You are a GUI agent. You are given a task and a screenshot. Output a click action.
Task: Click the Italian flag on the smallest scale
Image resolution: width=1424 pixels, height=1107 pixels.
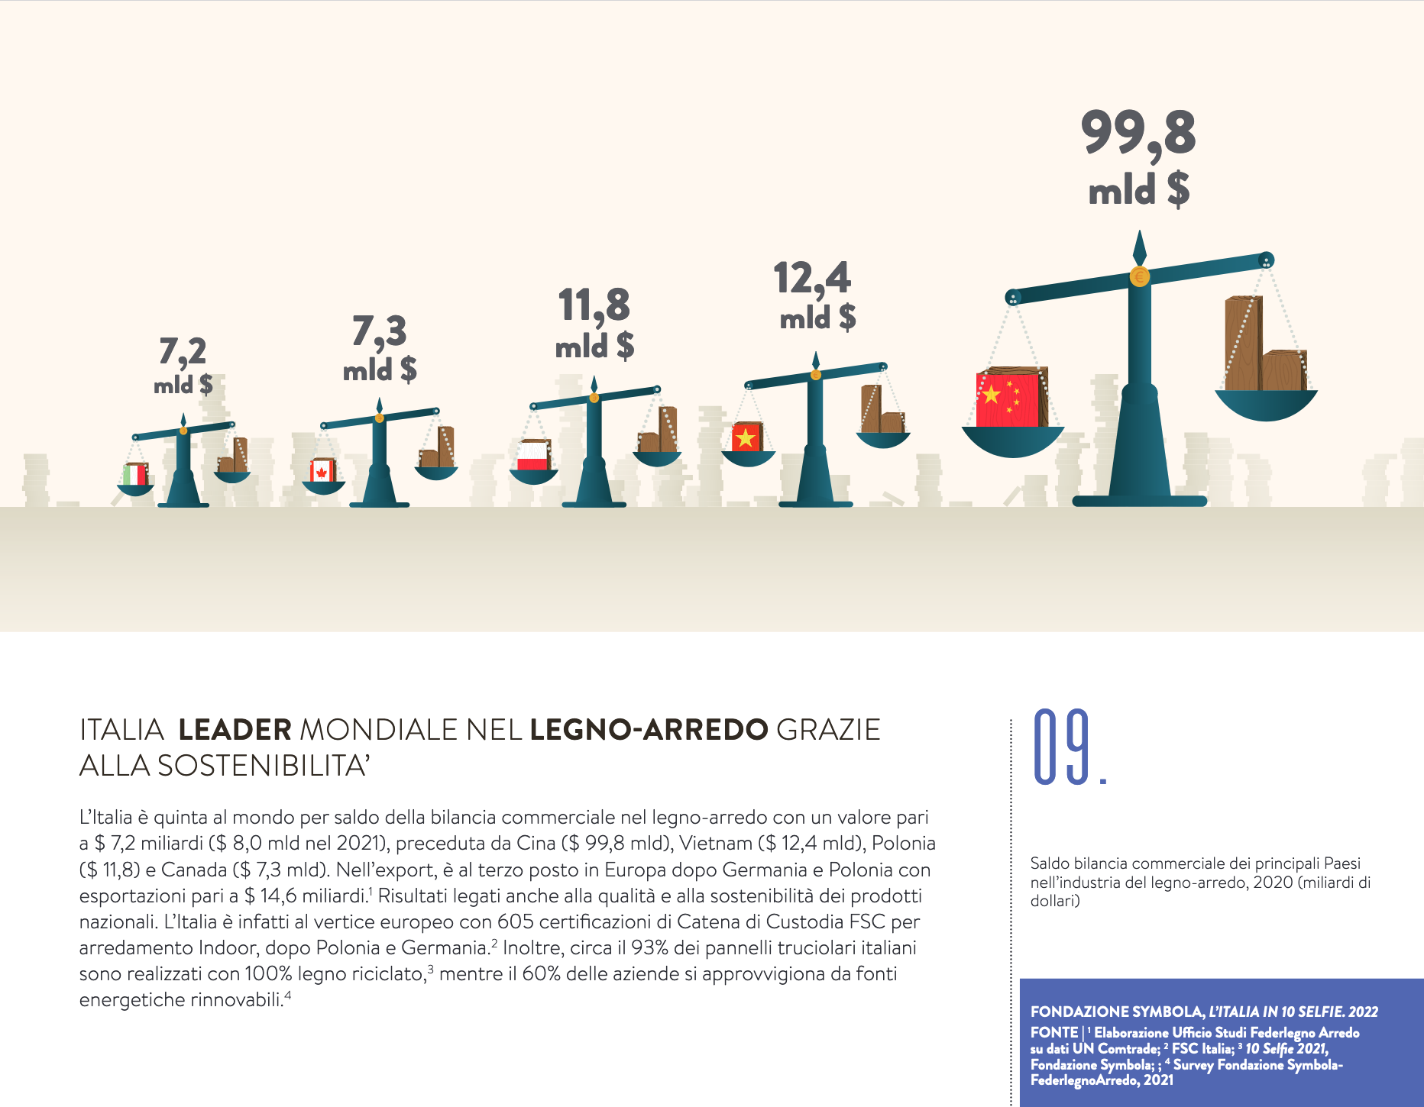point(135,475)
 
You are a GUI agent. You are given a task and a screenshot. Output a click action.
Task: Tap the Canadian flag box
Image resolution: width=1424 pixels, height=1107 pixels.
point(322,471)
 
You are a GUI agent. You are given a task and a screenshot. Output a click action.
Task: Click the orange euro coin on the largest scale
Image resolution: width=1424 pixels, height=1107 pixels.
point(1139,276)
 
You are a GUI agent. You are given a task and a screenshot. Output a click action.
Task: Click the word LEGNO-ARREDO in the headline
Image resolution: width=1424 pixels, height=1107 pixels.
point(649,730)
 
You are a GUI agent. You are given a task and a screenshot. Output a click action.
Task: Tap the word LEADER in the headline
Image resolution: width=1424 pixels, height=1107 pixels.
point(235,730)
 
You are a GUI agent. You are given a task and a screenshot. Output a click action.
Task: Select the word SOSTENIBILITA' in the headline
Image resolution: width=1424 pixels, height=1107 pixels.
point(264,766)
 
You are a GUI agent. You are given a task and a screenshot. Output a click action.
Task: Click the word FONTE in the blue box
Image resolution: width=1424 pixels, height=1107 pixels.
point(1053,1032)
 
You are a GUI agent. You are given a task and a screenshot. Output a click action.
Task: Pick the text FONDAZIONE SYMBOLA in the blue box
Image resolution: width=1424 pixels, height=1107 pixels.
point(1116,1012)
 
